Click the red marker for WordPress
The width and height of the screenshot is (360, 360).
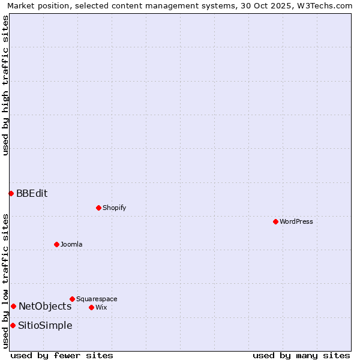[275, 221]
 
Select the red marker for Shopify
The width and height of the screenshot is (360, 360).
[98, 208]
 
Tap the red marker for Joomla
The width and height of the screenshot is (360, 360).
[56, 244]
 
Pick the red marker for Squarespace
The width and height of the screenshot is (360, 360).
[72, 299]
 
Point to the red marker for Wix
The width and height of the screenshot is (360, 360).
[91, 307]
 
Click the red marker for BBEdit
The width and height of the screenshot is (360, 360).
[11, 193]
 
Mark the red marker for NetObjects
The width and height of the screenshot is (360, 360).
[13, 306]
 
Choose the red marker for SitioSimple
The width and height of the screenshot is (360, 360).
[13, 325]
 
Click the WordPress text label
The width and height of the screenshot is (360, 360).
[296, 221]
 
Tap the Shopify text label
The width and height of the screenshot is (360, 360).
[114, 208]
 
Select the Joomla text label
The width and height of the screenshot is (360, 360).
[71, 244]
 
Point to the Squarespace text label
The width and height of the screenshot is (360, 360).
[97, 299]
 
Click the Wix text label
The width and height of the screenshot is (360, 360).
[101, 307]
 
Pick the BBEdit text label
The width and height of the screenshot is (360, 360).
[32, 193]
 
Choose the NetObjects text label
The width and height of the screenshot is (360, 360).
[45, 306]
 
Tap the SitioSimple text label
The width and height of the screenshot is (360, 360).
[45, 325]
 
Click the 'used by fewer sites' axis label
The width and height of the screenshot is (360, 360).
[62, 355]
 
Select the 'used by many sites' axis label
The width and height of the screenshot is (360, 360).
[301, 355]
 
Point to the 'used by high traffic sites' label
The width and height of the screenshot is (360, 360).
[5, 86]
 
